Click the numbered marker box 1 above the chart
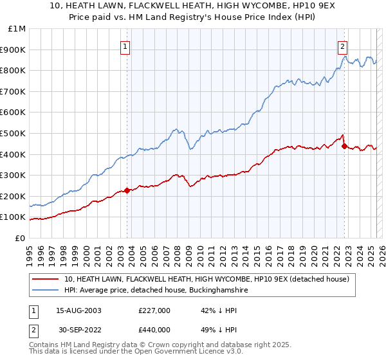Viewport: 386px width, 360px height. point(125,46)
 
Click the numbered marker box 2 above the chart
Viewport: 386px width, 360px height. point(343,46)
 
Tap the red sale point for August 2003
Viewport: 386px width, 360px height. point(127,190)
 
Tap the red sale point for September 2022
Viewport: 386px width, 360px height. point(344,145)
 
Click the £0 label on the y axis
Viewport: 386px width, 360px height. point(21,238)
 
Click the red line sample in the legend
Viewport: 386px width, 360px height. point(45,279)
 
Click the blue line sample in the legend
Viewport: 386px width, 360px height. point(45,291)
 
